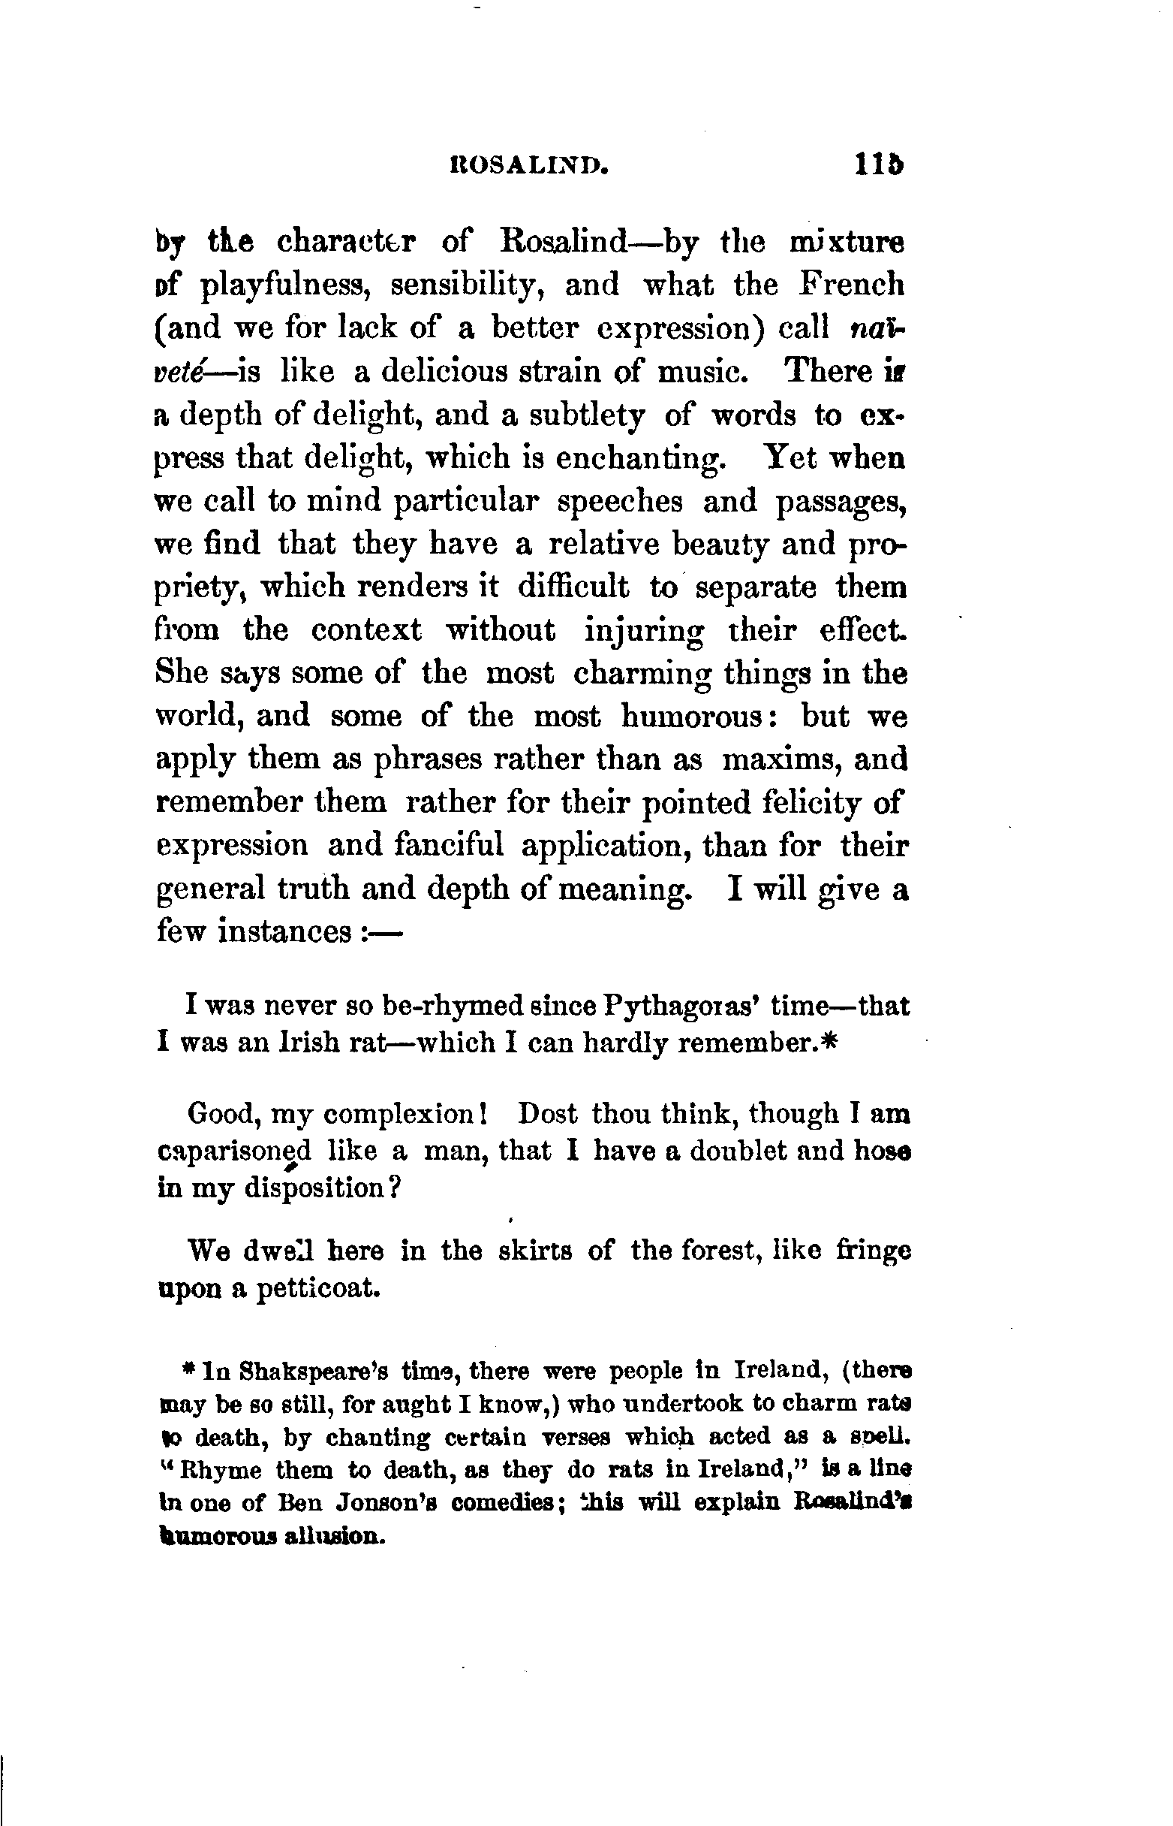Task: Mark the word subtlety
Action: click(x=587, y=415)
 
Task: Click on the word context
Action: click(x=366, y=630)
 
